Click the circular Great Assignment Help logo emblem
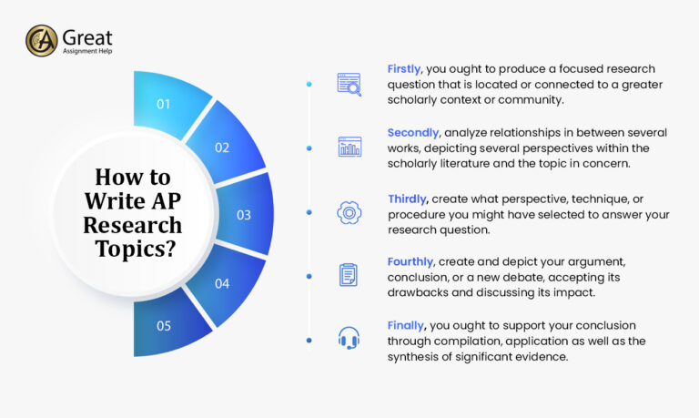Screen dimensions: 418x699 pos(41,41)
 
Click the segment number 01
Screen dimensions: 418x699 pos(164,104)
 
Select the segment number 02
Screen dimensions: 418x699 pos(222,148)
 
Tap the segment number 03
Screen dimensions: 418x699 pos(244,215)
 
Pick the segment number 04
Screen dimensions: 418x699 pos(222,283)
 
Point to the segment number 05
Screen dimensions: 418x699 pos(164,326)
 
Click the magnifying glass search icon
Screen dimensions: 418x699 pos(349,85)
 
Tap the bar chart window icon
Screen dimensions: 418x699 pos(349,147)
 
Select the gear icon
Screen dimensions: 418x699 pos(349,212)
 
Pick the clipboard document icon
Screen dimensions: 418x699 pos(349,275)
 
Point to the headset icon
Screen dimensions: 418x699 pos(349,339)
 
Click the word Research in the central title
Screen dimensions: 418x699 pos(133,224)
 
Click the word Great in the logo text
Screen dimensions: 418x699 pos(87,36)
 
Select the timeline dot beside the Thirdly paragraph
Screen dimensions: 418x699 pos(309,212)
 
